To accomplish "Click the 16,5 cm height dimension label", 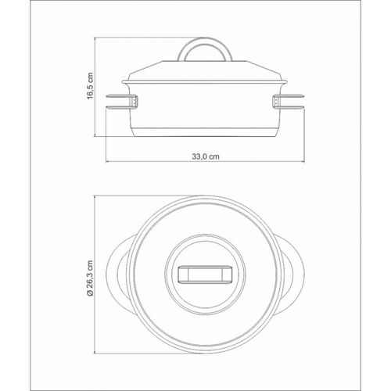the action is click(x=90, y=86).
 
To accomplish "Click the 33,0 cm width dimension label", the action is click(x=206, y=157).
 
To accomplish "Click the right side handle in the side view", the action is click(x=292, y=102).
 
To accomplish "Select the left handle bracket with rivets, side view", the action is click(x=134, y=101).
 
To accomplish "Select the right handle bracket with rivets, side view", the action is click(x=276, y=101).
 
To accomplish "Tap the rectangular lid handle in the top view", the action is click(x=205, y=274).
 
